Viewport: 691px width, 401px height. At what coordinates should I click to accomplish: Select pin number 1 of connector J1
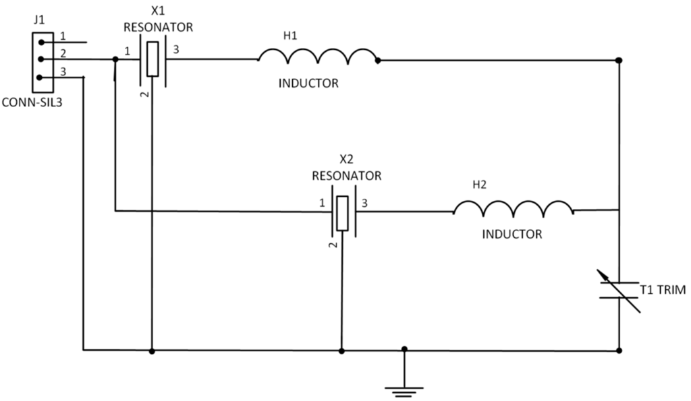pyautogui.click(x=63, y=35)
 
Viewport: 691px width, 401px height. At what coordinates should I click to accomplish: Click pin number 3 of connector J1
pyautogui.click(x=63, y=72)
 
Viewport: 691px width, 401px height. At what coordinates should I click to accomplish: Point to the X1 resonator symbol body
pyautogui.click(x=153, y=59)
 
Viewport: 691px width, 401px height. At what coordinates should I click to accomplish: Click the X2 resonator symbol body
pyautogui.click(x=343, y=213)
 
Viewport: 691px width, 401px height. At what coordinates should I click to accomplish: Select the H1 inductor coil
pyautogui.click(x=317, y=57)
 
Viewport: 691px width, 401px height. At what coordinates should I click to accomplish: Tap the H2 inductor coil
pyautogui.click(x=513, y=209)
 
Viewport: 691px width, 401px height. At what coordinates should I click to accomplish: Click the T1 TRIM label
pyautogui.click(x=662, y=290)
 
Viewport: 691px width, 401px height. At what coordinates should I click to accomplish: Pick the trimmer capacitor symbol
pyautogui.click(x=619, y=290)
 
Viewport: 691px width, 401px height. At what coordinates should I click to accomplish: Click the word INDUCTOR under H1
pyautogui.click(x=308, y=84)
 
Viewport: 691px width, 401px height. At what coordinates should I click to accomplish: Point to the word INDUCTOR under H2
pyautogui.click(x=512, y=235)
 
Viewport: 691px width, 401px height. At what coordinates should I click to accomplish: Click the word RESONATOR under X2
pyautogui.click(x=346, y=175)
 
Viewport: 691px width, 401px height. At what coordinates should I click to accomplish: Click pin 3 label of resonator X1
pyautogui.click(x=176, y=50)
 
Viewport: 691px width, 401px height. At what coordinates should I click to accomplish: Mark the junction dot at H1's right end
pyautogui.click(x=378, y=60)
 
